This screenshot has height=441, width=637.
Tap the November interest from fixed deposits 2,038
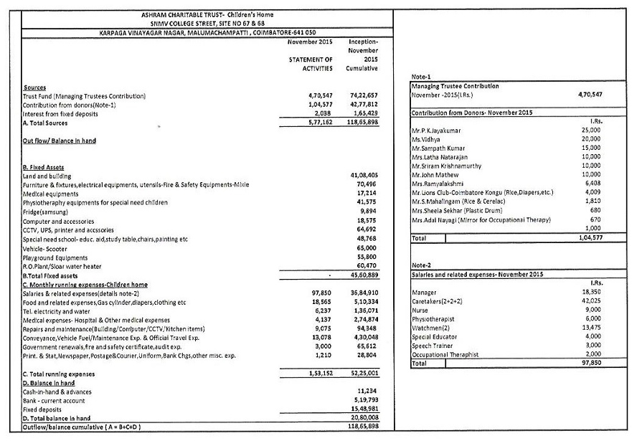tap(321, 113)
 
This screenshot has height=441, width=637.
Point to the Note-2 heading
tap(421, 266)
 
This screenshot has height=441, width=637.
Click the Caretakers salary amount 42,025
tap(592, 301)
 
